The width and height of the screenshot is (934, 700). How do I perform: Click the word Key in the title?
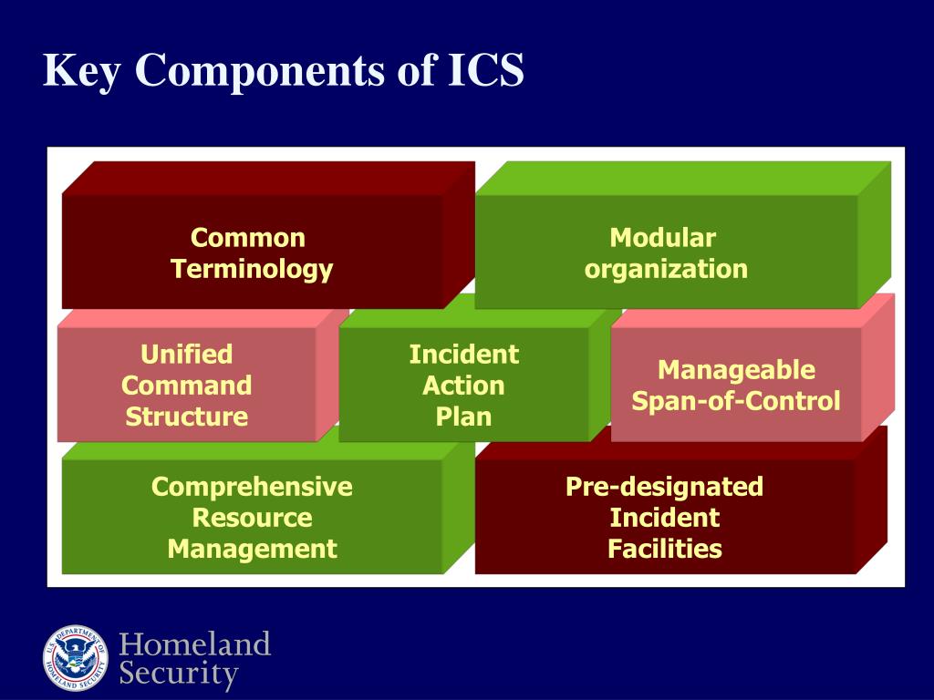pos(81,71)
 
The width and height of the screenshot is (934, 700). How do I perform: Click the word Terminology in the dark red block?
pos(252,270)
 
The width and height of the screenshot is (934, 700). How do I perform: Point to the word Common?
pos(248,239)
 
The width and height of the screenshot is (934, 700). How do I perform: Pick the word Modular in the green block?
pos(663,239)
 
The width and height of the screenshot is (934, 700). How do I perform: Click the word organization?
pos(666,270)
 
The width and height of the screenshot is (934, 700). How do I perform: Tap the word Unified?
pos(187,355)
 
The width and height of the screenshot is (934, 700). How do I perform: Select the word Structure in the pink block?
pos(187,417)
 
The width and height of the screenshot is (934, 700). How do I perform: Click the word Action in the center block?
pos(463,386)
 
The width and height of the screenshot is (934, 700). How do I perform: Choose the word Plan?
pos(463,417)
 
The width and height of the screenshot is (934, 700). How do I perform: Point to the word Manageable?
pos(736,370)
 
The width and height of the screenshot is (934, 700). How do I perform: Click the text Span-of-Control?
pos(736,401)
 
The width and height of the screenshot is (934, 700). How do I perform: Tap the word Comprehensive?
pos(252,487)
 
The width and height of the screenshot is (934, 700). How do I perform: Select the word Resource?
pos(252,519)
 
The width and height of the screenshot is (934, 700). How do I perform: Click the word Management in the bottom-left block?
pos(252,550)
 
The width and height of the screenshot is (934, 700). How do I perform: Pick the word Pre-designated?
pos(664,487)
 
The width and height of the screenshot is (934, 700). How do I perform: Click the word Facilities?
pos(665,550)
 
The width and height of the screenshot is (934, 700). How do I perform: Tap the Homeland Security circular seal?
pos(76,657)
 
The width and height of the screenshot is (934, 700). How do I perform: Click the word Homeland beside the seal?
pos(195,645)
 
